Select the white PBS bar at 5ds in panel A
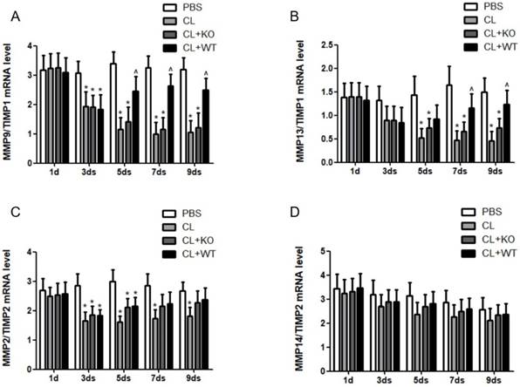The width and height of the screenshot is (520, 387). click(x=113, y=112)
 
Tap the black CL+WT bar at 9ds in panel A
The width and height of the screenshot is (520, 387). click(x=206, y=126)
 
